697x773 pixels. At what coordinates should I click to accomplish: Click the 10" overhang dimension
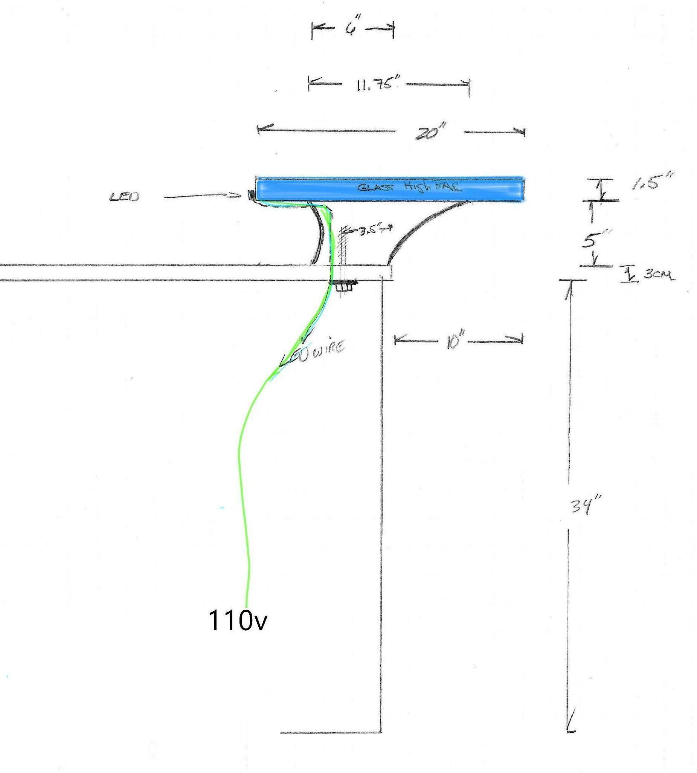click(454, 342)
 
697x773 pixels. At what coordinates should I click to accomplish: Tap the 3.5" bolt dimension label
click(367, 231)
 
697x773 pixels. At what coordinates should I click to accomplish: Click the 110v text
click(237, 620)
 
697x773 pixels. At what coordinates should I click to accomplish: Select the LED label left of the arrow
click(125, 197)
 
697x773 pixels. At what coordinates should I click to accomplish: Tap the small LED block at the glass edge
click(251, 196)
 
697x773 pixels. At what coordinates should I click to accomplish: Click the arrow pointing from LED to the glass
click(203, 197)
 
